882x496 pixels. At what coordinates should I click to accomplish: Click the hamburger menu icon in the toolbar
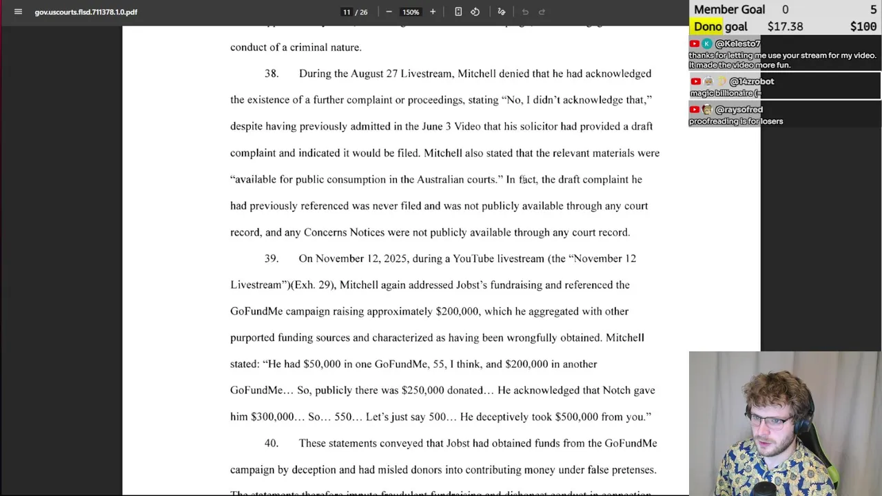click(18, 12)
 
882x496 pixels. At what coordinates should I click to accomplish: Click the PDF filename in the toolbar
click(86, 12)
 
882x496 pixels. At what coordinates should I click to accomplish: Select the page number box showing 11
click(347, 12)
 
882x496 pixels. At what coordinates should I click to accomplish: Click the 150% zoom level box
click(411, 12)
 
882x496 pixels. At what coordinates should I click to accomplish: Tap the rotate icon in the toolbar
click(475, 12)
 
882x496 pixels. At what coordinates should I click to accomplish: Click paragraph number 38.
click(271, 74)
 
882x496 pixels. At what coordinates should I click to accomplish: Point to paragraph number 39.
click(271, 258)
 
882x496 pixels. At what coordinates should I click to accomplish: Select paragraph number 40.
click(271, 443)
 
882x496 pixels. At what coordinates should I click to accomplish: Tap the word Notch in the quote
click(616, 390)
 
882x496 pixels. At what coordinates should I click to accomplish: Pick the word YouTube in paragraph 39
click(473, 258)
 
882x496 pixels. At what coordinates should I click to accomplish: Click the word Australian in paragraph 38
click(440, 179)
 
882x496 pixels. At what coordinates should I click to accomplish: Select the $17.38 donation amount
click(785, 26)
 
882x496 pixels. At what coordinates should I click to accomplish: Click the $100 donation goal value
click(863, 26)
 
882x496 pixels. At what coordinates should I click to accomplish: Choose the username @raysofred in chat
click(739, 110)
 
